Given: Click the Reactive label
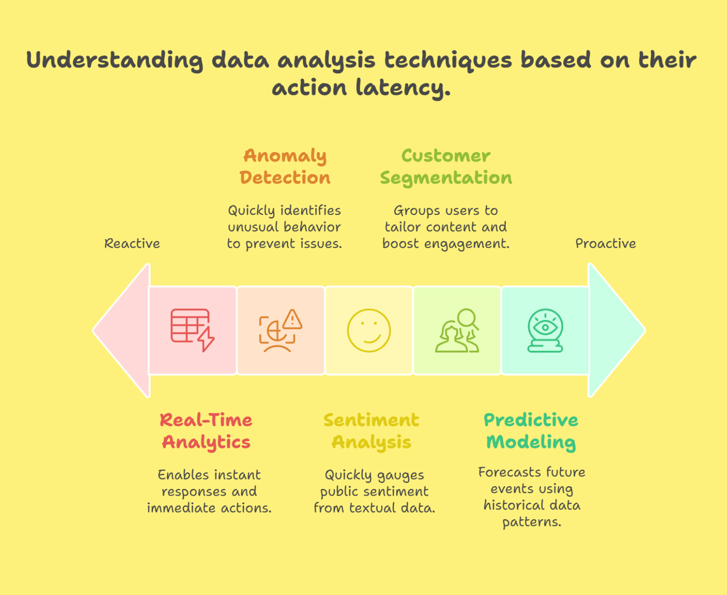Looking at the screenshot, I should tap(132, 244).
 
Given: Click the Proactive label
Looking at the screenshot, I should tap(605, 244).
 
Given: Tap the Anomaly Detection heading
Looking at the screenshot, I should tap(285, 167).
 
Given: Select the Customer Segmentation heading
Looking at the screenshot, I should tap(446, 167).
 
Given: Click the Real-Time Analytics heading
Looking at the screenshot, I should tap(206, 431).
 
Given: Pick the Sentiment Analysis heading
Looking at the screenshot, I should tap(371, 431).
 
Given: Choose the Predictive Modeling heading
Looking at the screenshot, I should tap(531, 431).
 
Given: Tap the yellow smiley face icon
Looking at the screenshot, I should tap(369, 330).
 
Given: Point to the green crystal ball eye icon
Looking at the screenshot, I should tap(545, 330).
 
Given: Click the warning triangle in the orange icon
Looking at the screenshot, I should tap(293, 320).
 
